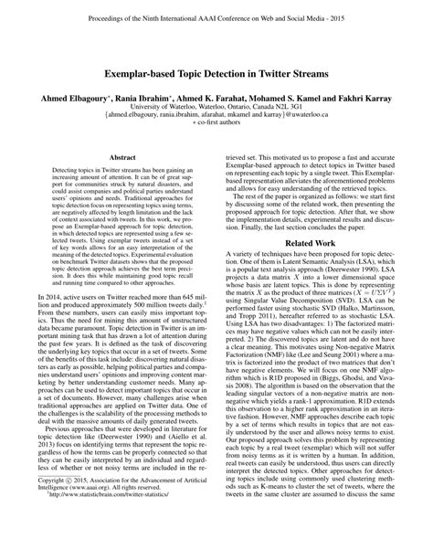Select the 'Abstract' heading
121,157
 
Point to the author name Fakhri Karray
376,94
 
